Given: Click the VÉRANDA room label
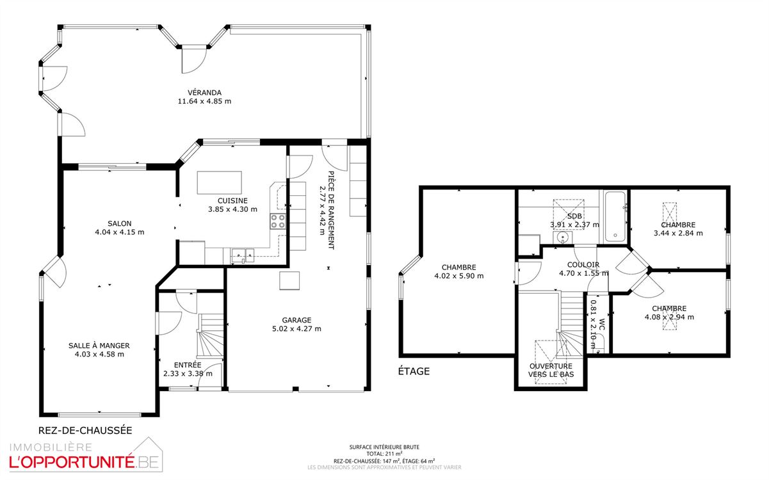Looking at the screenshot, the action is (x=204, y=93).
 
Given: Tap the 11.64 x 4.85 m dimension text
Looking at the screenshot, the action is (x=204, y=101).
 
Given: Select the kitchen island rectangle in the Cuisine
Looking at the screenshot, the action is (x=220, y=183).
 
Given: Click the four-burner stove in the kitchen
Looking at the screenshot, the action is (x=278, y=221).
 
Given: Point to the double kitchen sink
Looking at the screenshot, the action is (x=243, y=255).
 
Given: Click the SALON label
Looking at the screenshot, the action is (x=120, y=224).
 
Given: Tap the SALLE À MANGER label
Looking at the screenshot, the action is (x=99, y=346).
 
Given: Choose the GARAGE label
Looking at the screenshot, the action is (x=296, y=320).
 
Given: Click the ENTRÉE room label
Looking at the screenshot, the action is (x=188, y=365).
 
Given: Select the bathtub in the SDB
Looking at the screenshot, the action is (x=615, y=216).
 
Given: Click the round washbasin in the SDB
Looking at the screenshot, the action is (x=562, y=237).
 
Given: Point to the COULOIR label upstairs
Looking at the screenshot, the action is (x=583, y=265).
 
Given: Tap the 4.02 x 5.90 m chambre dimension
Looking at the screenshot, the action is (x=459, y=276).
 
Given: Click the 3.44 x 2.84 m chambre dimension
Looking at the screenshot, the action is (x=678, y=234).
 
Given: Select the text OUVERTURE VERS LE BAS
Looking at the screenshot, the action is (x=551, y=370).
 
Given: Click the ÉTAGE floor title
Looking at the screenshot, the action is (x=414, y=371).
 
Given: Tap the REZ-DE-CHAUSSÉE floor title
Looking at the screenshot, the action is (x=85, y=431).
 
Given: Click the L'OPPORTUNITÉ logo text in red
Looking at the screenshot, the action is (x=72, y=462).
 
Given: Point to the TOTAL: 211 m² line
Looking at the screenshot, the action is (x=384, y=454).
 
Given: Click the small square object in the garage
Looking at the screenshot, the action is (x=289, y=281).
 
